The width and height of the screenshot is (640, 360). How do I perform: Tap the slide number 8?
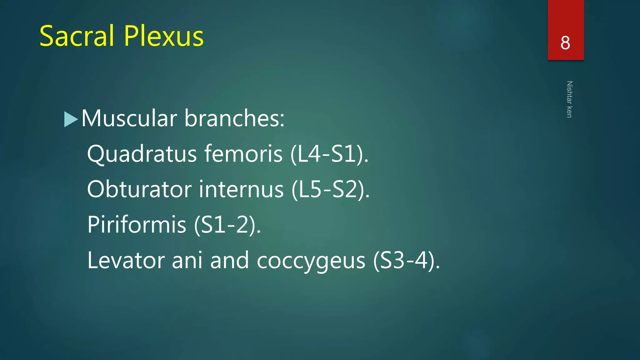[x=565, y=43]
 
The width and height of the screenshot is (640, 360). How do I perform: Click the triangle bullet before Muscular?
[x=71, y=119]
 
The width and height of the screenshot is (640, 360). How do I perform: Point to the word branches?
[x=234, y=119]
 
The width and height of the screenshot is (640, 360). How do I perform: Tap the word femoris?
[x=243, y=154]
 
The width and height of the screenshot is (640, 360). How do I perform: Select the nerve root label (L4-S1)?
[x=329, y=154]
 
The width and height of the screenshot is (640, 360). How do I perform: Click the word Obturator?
[x=139, y=190]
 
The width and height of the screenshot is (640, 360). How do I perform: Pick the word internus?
[x=241, y=190]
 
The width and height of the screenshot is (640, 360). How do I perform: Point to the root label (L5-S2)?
[x=331, y=190]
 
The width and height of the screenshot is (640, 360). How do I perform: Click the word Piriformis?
[x=137, y=225]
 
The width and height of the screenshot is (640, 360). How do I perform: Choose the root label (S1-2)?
[x=227, y=225]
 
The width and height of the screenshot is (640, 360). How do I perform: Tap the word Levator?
[x=126, y=260]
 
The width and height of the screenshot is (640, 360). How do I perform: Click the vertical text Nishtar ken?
[x=569, y=99]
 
